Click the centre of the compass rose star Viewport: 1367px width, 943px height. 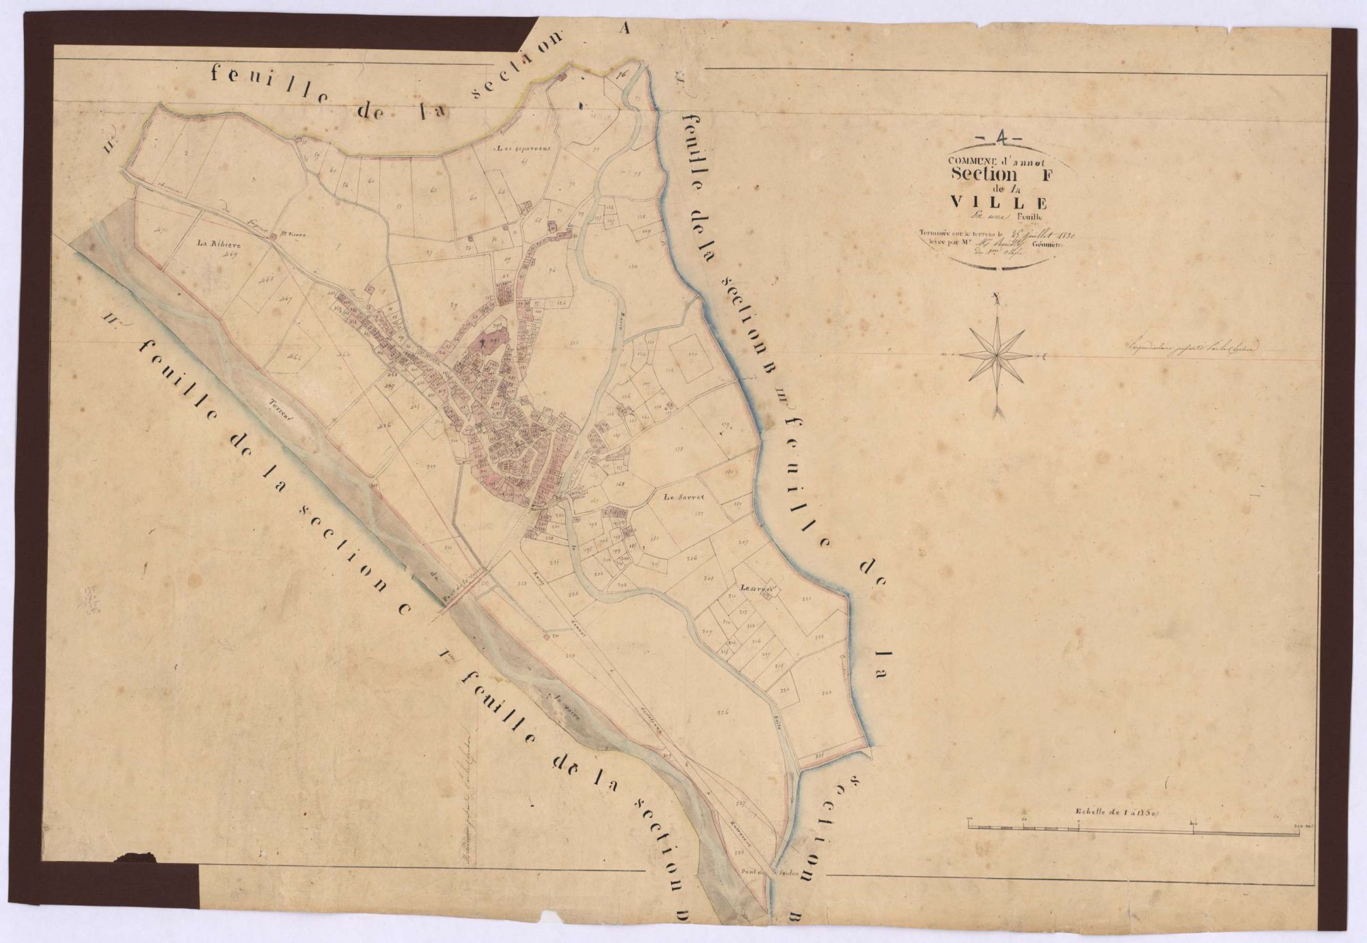click(x=997, y=355)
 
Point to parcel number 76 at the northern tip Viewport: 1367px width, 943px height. click(x=621, y=75)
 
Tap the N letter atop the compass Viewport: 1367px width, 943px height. click(x=997, y=297)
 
